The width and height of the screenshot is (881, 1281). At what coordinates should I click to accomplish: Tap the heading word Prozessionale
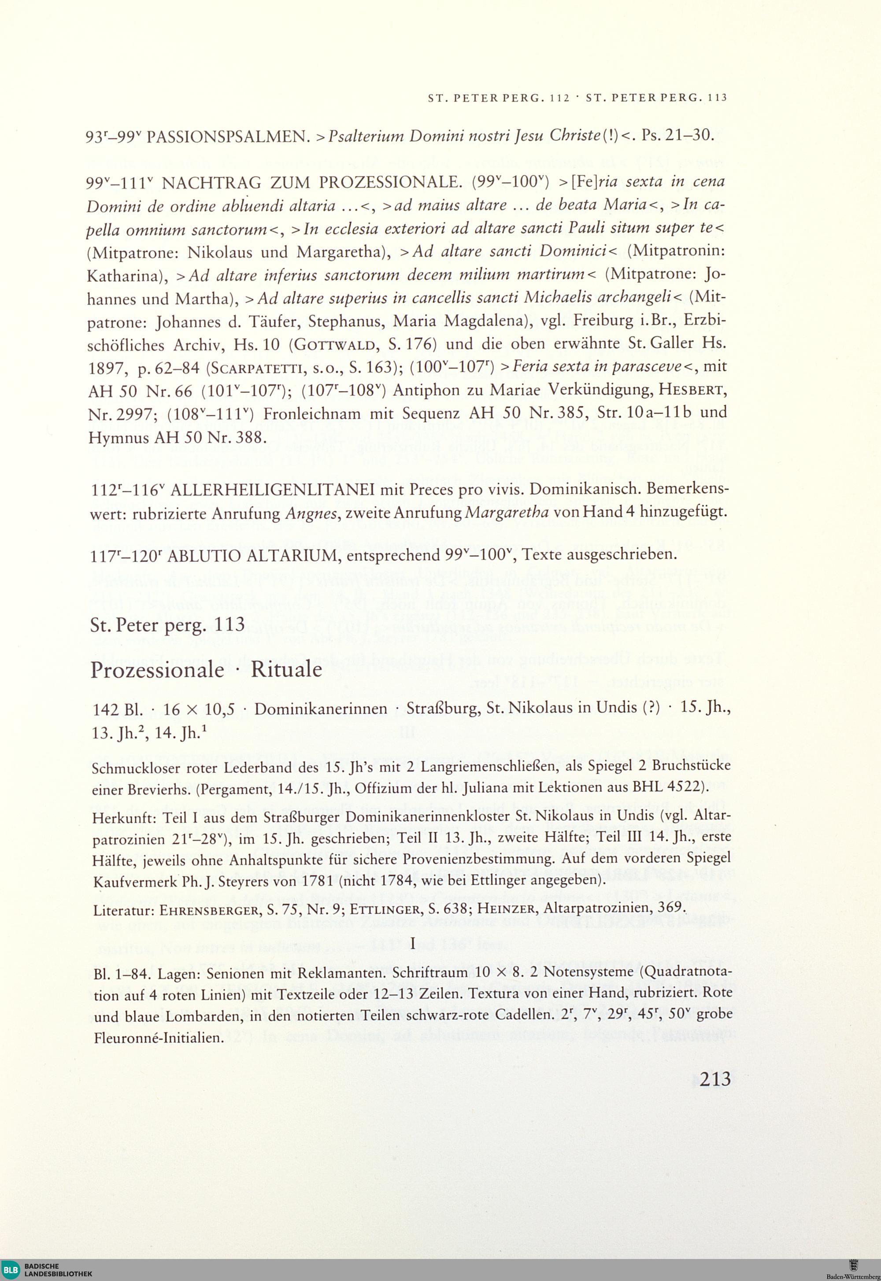tap(157, 669)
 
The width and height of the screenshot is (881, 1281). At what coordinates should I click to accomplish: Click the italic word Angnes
tap(306, 513)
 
